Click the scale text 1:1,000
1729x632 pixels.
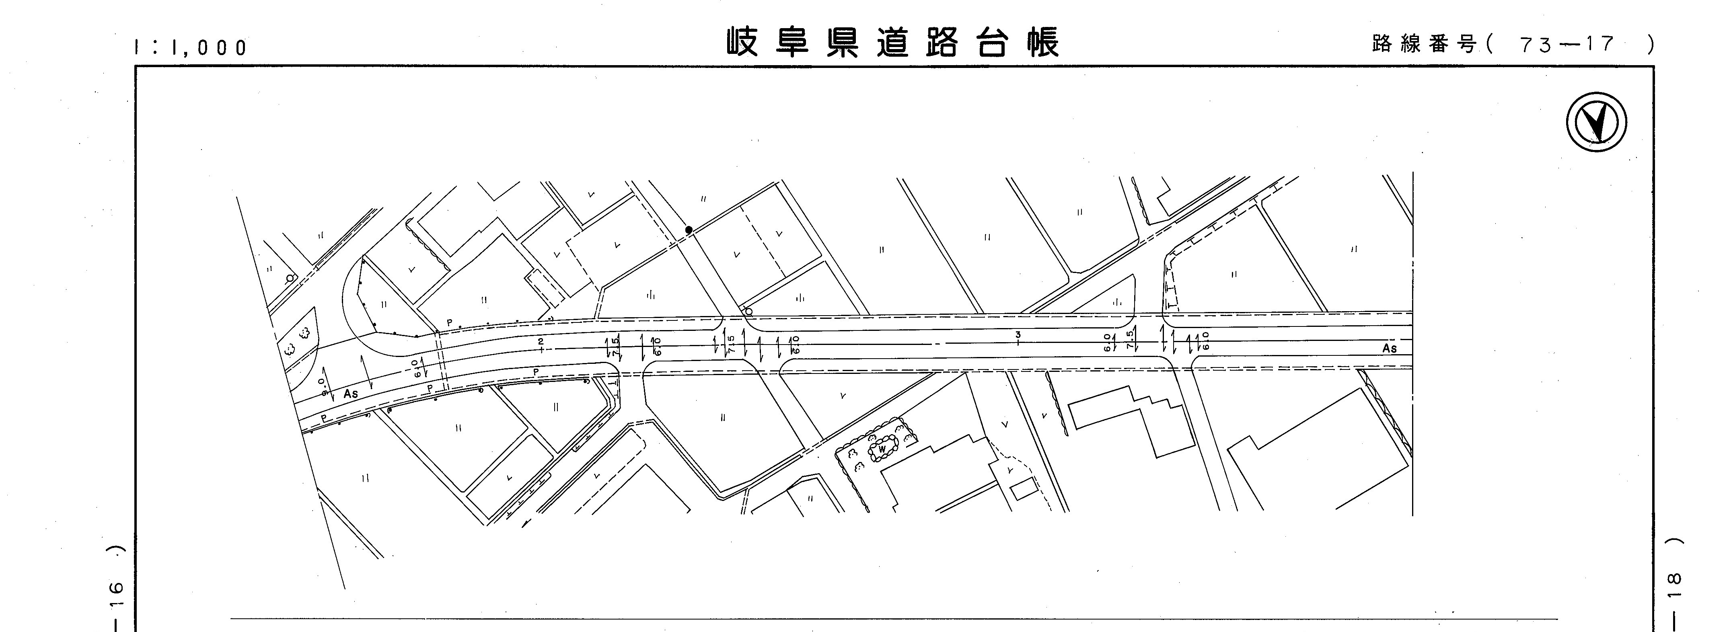(191, 47)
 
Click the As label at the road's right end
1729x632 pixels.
(1390, 349)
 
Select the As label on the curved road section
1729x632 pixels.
(350, 394)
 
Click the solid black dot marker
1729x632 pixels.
(689, 230)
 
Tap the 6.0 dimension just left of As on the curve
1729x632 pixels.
(417, 368)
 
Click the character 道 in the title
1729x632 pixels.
(893, 43)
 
